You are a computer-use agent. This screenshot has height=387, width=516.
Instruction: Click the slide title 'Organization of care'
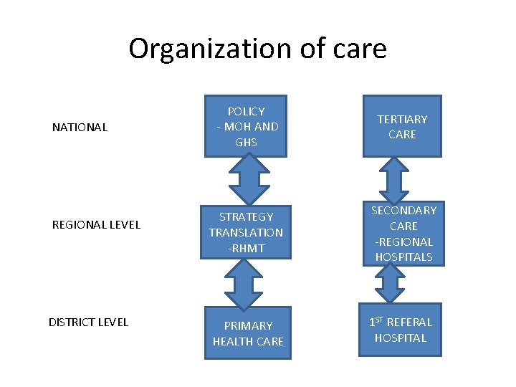pos(257,49)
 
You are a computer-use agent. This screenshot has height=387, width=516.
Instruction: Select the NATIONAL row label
pos(80,128)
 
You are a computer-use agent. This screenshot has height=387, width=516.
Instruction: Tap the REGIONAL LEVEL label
pos(96,225)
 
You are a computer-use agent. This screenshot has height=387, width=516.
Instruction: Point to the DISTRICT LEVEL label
pos(88,322)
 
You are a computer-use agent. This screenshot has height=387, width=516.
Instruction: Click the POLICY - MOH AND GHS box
pos(246,126)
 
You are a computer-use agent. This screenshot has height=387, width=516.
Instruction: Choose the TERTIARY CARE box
pos(401,126)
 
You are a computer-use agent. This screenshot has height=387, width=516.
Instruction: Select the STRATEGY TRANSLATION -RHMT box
pos(246,232)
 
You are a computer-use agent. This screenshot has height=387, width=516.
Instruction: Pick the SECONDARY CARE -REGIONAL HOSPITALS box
pos(403,234)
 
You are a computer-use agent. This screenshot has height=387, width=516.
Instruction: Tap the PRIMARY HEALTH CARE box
pos(248,333)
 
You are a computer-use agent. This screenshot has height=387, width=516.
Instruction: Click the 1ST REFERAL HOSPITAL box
pos(401,330)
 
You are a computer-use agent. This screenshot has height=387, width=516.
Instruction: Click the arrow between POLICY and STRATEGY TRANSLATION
pos(247,180)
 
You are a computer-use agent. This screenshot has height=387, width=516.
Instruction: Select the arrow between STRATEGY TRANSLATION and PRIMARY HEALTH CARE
pos(247,282)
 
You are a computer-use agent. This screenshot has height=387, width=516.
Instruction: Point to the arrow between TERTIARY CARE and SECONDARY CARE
pos(393,179)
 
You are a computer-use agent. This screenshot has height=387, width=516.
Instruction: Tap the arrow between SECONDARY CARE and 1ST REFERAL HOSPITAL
pos(391,284)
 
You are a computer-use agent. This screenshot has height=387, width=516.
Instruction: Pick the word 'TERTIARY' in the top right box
pos(402,119)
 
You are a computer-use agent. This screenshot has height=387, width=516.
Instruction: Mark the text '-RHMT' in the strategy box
pos(246,248)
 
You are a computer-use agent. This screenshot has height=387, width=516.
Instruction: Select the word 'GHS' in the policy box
pos(246,142)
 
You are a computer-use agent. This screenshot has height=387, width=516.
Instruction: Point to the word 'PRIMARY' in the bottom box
pos(248,325)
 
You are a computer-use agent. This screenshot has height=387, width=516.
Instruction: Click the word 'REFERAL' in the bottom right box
pos(409,322)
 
